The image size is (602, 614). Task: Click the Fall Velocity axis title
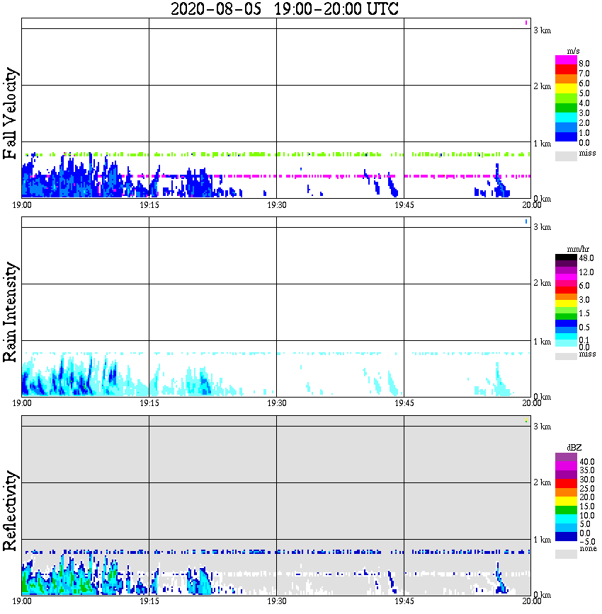(11, 115)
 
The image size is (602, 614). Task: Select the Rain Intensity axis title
(11, 312)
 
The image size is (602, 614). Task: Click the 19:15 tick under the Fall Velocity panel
(149, 205)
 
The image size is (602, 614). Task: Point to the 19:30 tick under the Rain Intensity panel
(276, 403)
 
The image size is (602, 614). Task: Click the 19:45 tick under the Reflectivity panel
(404, 601)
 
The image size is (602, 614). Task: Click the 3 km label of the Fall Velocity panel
(543, 30)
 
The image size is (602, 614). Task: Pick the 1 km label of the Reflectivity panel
(543, 540)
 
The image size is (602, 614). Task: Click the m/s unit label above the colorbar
(574, 52)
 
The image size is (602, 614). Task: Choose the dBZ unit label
(575, 448)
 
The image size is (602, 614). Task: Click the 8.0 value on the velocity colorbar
(584, 63)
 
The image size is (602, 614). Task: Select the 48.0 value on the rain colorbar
(586, 260)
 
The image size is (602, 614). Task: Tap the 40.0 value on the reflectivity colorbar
(586, 461)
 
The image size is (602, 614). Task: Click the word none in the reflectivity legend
(587, 549)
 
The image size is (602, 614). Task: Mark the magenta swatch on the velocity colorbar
(566, 60)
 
